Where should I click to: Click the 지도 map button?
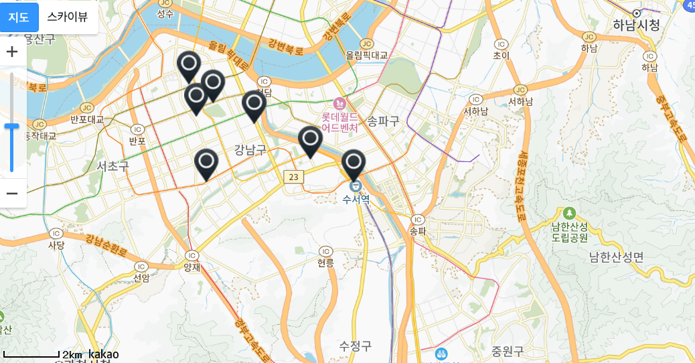coord(19,17)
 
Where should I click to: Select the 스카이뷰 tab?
coord(68,17)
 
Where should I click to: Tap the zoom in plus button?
coord(12,52)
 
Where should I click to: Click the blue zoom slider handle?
coord(11,126)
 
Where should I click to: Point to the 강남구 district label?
coord(250,149)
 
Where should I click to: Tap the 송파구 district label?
coord(383,121)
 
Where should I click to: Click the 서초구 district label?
coord(112,165)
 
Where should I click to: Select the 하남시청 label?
coord(636,25)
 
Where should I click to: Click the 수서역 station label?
coord(356,199)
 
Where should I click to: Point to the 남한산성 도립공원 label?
coord(569,231)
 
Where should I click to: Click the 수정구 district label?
coord(355,346)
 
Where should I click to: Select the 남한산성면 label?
coord(616,257)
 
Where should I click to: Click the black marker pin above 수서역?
coord(354,163)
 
